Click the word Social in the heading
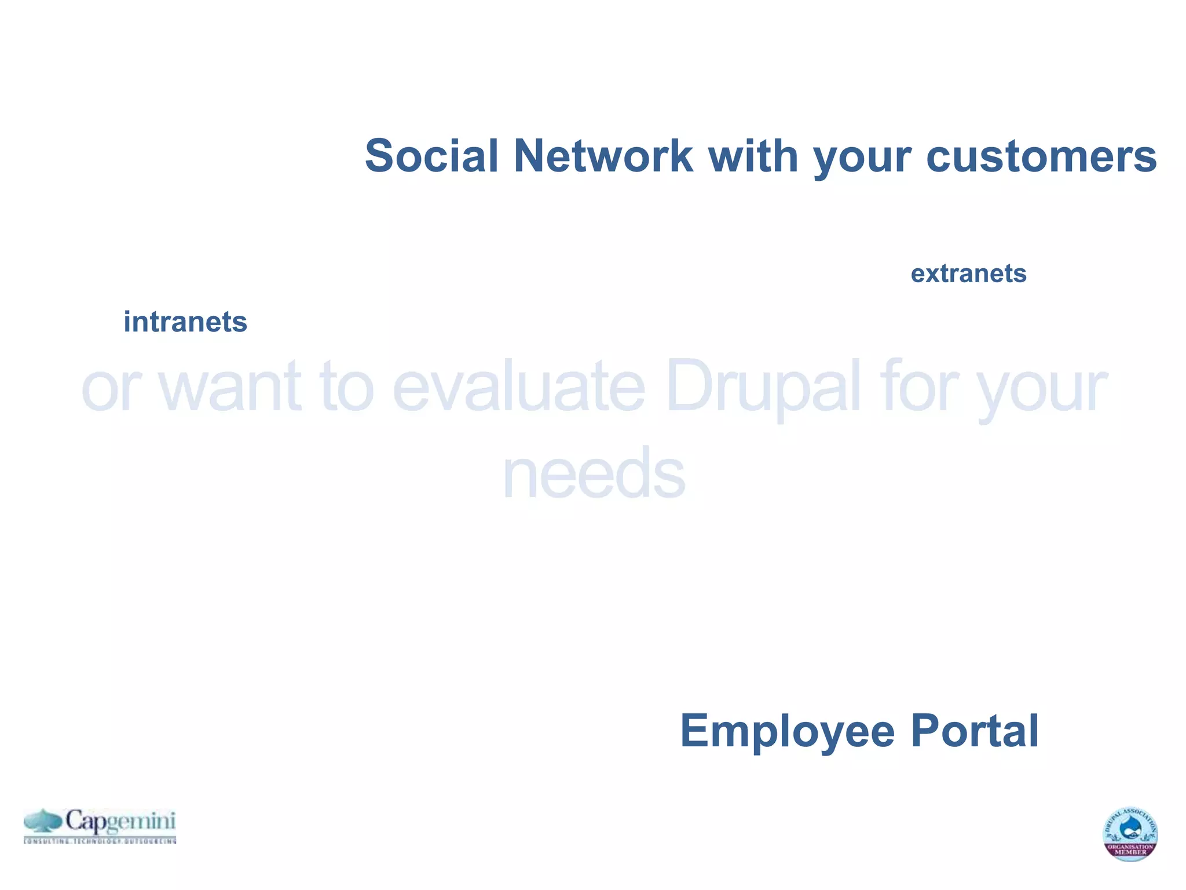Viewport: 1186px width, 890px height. [x=431, y=156]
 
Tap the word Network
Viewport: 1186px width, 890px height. [x=603, y=156]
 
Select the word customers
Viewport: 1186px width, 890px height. [x=1041, y=156]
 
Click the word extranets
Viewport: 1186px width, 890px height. [x=968, y=273]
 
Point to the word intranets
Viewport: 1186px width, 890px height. [x=185, y=322]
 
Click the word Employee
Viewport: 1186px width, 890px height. [x=787, y=731]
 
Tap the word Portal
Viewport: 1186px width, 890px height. [x=975, y=731]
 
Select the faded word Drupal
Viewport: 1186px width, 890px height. [x=763, y=386]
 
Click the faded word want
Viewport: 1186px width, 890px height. [x=230, y=386]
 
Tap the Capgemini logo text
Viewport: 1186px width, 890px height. [x=120, y=822]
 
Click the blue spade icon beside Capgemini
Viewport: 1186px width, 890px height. [x=43, y=822]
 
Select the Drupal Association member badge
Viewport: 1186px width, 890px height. [x=1130, y=833]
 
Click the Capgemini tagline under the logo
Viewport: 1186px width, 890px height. [x=100, y=841]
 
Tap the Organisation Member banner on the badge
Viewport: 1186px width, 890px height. [x=1130, y=850]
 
